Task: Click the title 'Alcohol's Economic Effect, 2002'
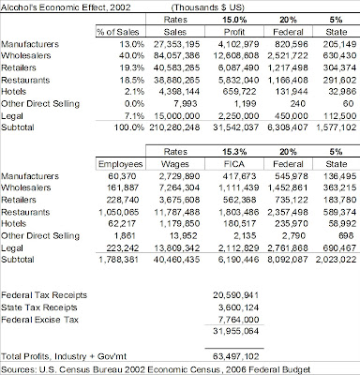pos(66,7)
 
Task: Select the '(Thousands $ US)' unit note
pos(208,7)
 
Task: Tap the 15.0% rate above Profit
pos(234,20)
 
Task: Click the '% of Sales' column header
pos(117,32)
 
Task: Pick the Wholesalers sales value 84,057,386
pos(176,56)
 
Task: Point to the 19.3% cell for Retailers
pos(131,68)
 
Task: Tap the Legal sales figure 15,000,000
pos(177,116)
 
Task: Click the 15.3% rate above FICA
pos(234,152)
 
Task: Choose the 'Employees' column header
pos(121,164)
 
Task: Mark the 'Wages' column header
pos(175,164)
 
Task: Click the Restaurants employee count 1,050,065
pos(119,212)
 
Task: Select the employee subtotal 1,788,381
pos(118,260)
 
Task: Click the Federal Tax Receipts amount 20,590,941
pos(235,295)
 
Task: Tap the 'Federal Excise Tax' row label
pos(39,320)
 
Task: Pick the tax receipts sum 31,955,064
pos(235,331)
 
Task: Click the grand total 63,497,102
pos(235,356)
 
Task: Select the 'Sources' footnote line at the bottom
pos(156,370)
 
